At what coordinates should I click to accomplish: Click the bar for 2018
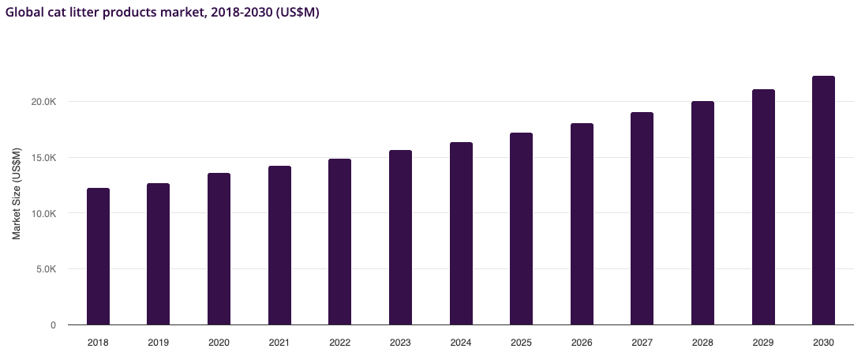pos(98,257)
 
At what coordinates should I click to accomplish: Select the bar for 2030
pos(823,201)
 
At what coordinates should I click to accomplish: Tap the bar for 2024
pos(461,234)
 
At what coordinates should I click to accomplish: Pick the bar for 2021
pos(279,246)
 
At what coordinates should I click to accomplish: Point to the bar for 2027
pos(642,219)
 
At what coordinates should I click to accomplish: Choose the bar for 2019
pos(158,254)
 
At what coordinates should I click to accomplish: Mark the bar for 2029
pos(763,207)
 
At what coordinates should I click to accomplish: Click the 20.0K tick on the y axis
pos(43,102)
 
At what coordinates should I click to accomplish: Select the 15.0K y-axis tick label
pos(43,158)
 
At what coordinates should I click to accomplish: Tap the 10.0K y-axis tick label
pos(43,213)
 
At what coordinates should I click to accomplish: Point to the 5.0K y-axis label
pos(46,269)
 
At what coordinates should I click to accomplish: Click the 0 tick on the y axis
pos(53,325)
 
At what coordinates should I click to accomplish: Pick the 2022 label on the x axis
pos(340,343)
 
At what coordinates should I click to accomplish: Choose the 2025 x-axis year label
pos(521,343)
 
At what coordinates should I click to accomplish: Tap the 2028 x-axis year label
pos(702,343)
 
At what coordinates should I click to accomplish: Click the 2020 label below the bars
pos(219,343)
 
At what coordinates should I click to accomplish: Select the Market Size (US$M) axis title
pos(17,193)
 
